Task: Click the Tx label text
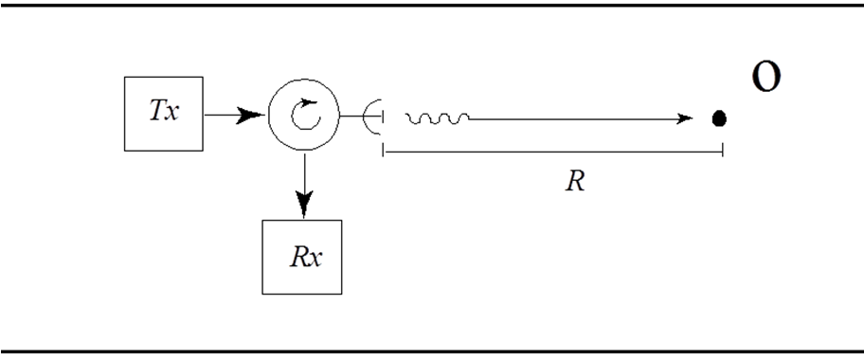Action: pos(164,111)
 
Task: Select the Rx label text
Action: pos(306,257)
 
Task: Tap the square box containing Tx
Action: pos(164,114)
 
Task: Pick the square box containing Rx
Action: pos(302,257)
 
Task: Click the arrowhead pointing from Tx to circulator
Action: pos(249,116)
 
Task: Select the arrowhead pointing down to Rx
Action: pos(304,203)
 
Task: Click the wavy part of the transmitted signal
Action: pos(438,118)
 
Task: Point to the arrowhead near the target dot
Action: pos(684,118)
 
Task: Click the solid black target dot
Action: pos(719,118)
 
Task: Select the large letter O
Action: pos(766,78)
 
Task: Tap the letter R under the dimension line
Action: pos(575,181)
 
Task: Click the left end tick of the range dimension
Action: pos(383,149)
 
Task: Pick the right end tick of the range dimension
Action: pos(723,149)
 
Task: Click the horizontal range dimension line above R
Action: pos(552,152)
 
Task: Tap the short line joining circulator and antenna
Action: pos(361,116)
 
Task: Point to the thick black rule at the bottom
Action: pos(432,351)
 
